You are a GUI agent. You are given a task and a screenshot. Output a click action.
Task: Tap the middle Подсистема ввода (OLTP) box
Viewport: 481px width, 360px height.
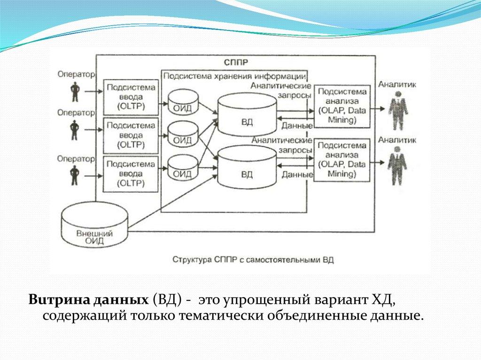(x=131, y=135)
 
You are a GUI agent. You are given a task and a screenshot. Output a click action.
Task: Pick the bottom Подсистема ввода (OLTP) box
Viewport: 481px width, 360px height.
(x=131, y=174)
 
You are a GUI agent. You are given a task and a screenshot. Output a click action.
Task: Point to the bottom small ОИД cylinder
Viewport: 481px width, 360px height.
(x=182, y=169)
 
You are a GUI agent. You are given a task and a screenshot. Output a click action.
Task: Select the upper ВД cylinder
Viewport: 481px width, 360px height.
(x=247, y=115)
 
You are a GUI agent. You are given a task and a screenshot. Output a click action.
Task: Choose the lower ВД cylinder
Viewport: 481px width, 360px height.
(x=247, y=168)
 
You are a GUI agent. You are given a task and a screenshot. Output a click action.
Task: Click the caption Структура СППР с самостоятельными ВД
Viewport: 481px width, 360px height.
(x=253, y=260)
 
